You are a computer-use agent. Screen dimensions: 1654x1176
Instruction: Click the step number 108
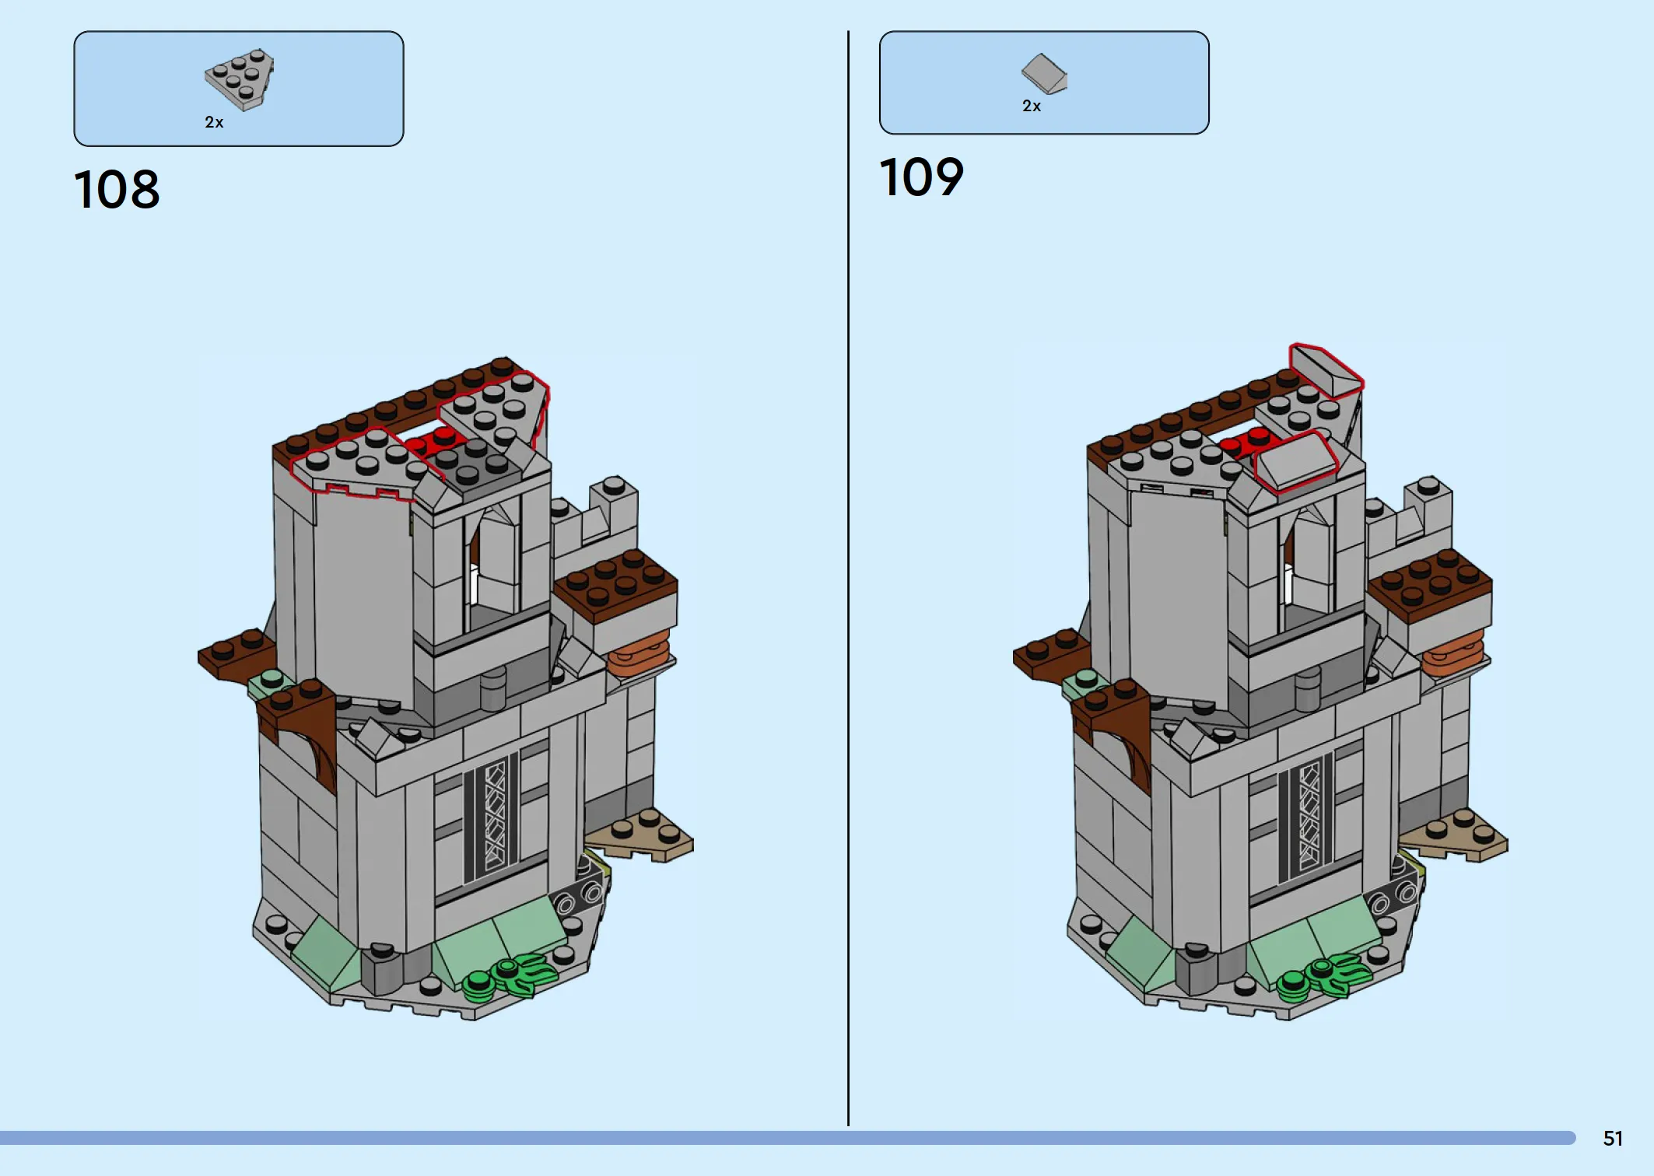[x=117, y=190]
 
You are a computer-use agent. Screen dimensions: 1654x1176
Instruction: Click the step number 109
[x=922, y=177]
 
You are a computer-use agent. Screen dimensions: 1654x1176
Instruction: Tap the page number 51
[x=1613, y=1139]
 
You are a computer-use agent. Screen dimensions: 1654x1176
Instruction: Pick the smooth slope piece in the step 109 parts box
[x=1044, y=73]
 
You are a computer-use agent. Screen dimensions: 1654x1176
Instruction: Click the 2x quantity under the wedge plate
[x=214, y=122]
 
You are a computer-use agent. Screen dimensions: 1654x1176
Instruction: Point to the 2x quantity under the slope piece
[x=1032, y=106]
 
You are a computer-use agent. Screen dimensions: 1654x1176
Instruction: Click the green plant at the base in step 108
[x=510, y=975]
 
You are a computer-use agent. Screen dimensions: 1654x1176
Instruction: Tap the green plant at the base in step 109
[x=1325, y=975]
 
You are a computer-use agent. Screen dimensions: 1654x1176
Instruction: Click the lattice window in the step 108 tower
[x=494, y=817]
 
